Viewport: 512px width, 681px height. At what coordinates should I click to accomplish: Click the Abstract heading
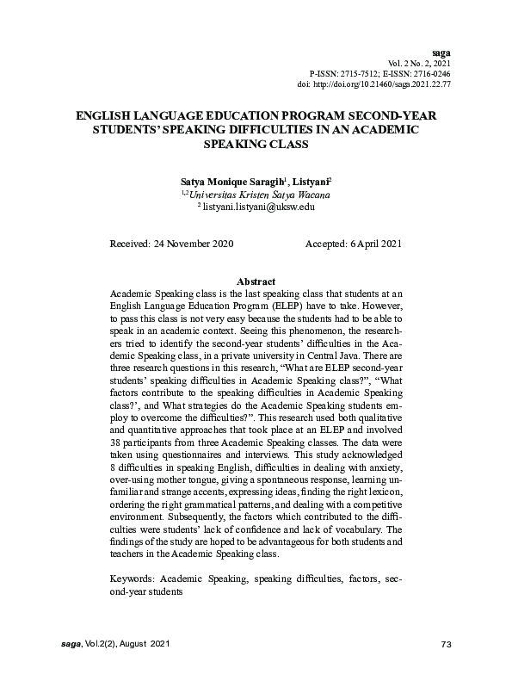point(256,282)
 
